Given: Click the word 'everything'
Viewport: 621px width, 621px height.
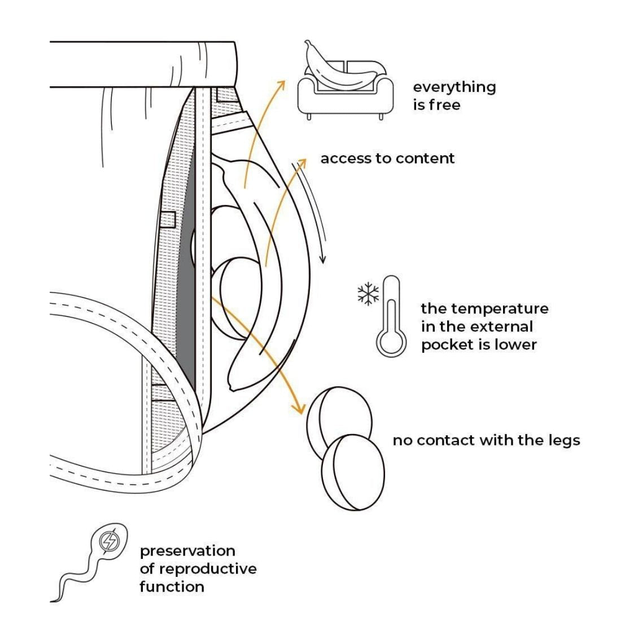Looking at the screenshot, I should click(454, 88).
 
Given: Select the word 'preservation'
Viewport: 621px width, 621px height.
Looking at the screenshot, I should click(187, 551).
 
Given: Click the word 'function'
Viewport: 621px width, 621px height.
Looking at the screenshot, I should click(172, 587).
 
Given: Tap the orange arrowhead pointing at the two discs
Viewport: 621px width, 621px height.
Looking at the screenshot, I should click(296, 409).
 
